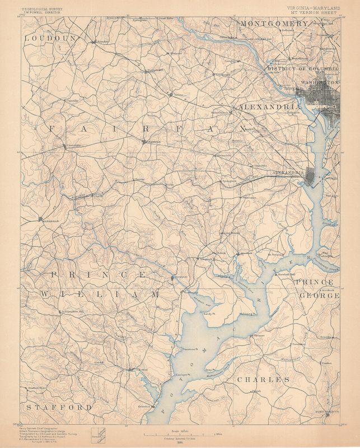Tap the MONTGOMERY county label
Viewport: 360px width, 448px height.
click(x=274, y=24)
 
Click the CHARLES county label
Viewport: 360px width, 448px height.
click(x=263, y=380)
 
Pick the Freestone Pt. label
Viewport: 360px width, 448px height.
click(x=193, y=349)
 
